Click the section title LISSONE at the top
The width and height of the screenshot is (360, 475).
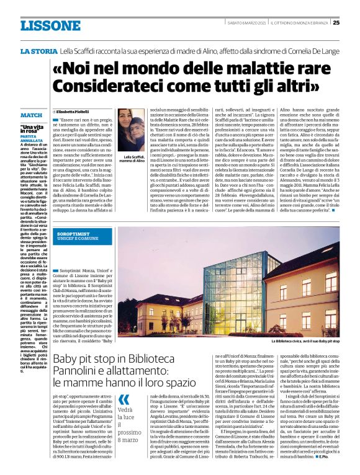point(50,25)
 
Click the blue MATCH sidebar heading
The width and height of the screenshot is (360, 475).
point(31,115)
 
